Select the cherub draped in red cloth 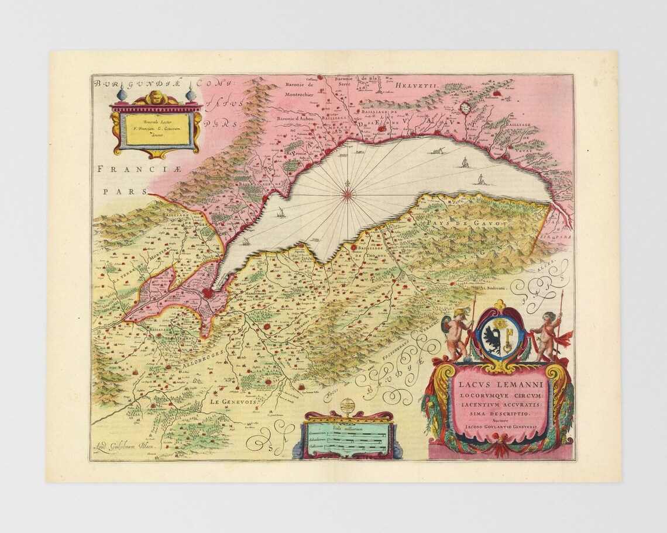coord(546,337)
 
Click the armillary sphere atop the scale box coord(349,404)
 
